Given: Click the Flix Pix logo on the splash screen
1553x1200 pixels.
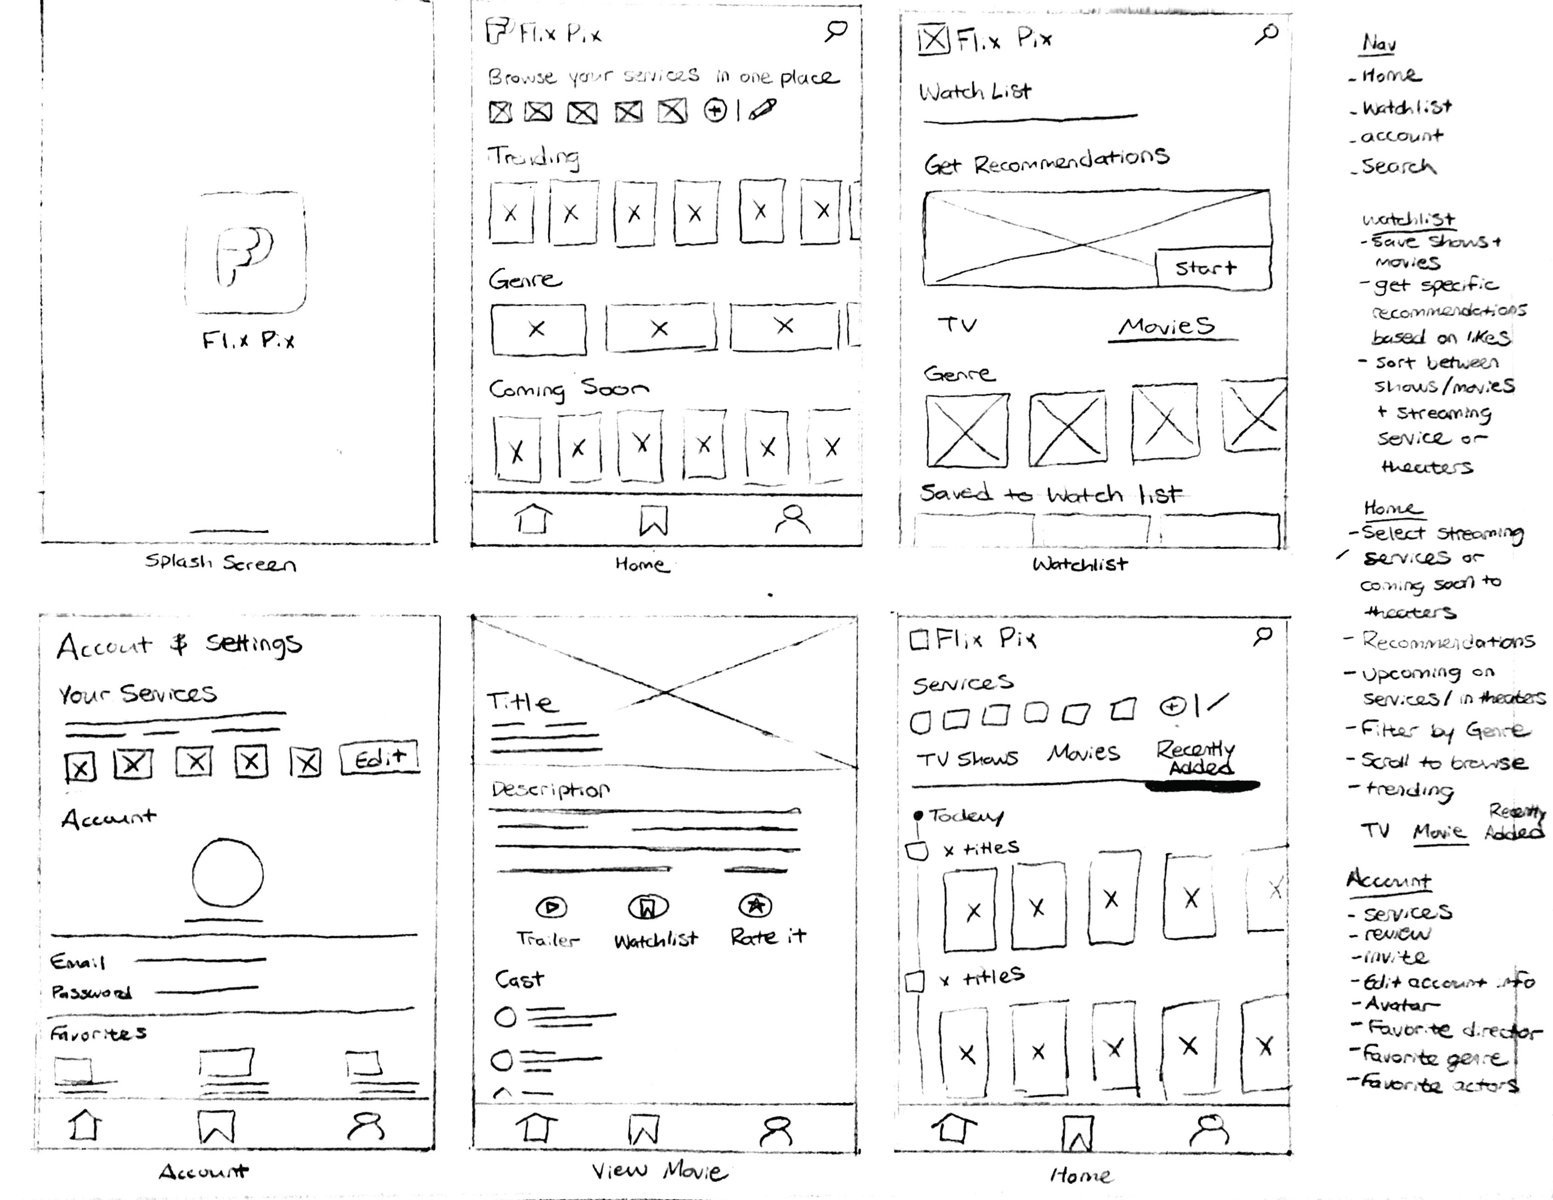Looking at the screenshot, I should pos(245,253).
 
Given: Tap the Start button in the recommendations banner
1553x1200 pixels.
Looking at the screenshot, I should pos(1212,268).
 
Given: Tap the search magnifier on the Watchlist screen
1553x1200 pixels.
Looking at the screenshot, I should pos(1266,34).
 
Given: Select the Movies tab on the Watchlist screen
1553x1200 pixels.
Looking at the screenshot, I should pos(1166,326).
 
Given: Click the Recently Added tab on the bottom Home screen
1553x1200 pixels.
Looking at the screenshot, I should pos(1196,758).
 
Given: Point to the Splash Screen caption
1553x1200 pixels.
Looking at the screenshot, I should pos(220,563).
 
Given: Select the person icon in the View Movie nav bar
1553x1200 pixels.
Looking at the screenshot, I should pos(775,1130).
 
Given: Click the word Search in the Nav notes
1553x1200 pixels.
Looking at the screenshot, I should pos(1398,166).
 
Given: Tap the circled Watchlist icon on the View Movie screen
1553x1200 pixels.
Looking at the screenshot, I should pos(648,907).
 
